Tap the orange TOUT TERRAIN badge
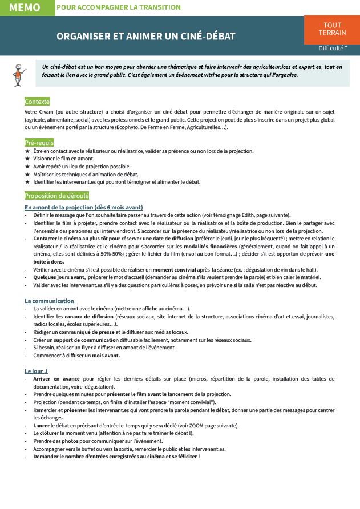[x=332, y=29]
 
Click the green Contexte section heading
[x=37, y=102]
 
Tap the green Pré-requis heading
[x=39, y=142]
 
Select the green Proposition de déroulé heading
[x=56, y=196]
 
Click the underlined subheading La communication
[x=49, y=301]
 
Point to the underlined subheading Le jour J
[x=36, y=371]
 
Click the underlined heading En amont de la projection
[x=83, y=207]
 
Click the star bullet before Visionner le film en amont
[x=27, y=159]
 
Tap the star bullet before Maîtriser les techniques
[x=27, y=175]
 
